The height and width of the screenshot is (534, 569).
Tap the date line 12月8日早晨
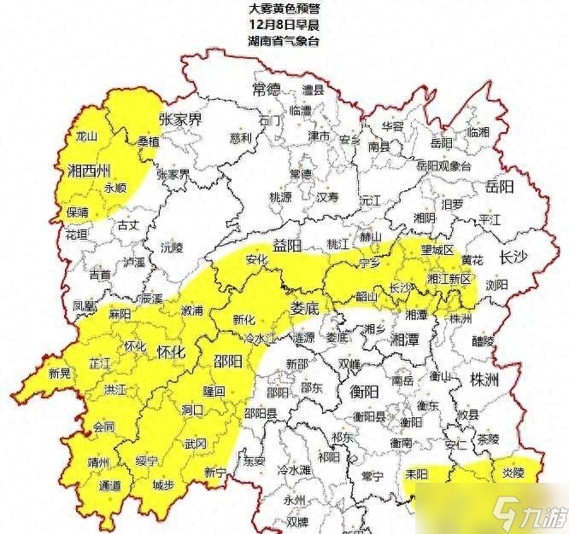(x=284, y=24)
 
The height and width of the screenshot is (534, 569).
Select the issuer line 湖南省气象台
(x=284, y=40)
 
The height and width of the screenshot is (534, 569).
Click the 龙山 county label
(x=87, y=136)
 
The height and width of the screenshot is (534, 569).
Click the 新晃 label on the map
(x=60, y=373)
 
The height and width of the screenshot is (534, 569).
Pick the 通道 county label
(x=110, y=485)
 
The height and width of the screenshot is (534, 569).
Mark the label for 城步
(x=162, y=485)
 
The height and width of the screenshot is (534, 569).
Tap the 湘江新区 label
(x=449, y=279)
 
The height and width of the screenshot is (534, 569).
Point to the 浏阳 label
(x=496, y=284)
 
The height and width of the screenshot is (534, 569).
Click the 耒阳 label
(x=417, y=473)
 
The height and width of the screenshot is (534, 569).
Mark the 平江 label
(x=490, y=218)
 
